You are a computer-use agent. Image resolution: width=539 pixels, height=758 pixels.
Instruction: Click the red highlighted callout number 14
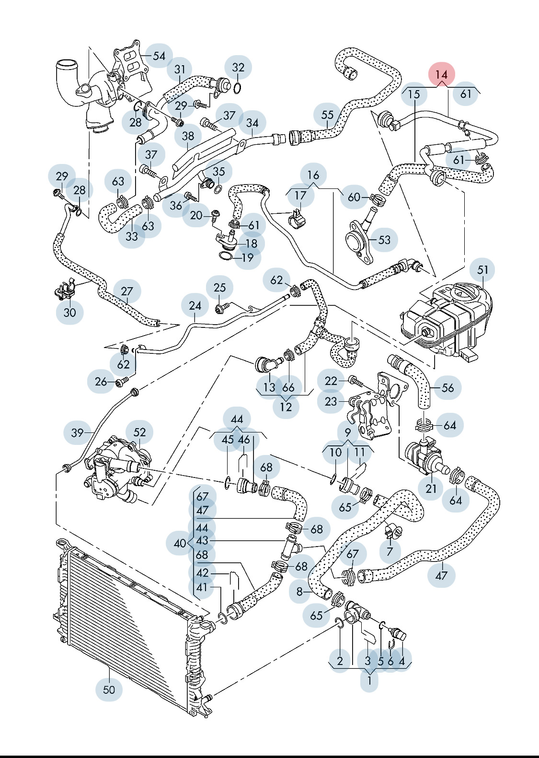click(441, 75)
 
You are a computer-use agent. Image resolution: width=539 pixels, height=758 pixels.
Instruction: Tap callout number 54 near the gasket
click(159, 56)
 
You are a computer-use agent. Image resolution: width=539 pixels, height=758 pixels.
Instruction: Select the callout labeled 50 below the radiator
click(109, 689)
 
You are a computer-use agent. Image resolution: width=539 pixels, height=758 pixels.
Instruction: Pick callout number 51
click(482, 270)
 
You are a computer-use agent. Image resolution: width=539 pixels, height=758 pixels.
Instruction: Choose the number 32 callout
click(238, 68)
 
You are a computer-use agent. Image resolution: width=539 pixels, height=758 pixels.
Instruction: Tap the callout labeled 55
click(327, 115)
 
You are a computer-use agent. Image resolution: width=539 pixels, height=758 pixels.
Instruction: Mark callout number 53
click(385, 240)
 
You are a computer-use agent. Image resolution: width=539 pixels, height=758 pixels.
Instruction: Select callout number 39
click(77, 433)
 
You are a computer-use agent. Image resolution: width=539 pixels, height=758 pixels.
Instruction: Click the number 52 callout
click(139, 432)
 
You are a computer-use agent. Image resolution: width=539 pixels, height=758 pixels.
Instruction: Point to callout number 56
click(447, 387)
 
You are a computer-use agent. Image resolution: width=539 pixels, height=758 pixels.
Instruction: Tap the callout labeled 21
click(431, 488)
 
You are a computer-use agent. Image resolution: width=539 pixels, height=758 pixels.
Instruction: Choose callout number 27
click(127, 292)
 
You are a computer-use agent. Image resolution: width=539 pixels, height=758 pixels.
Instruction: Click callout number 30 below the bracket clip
click(70, 313)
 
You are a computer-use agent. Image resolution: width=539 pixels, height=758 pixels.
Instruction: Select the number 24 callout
click(195, 306)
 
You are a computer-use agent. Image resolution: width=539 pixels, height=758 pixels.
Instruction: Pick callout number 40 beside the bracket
click(180, 543)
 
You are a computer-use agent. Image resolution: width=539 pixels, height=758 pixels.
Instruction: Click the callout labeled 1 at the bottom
click(369, 680)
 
